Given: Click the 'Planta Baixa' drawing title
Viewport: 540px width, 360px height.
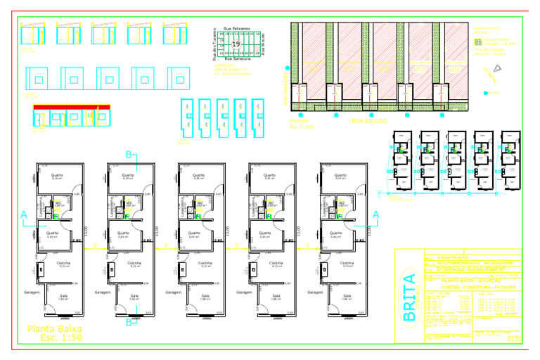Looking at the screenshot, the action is click(54, 328).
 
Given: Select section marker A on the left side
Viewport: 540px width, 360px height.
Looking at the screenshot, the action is click(24, 213).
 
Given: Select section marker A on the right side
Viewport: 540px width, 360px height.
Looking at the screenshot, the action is click(375, 213).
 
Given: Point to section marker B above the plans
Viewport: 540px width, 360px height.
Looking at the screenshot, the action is click(129, 155).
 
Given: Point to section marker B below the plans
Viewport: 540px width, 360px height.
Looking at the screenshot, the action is click(129, 323).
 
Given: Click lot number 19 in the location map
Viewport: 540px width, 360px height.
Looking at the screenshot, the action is click(236, 44).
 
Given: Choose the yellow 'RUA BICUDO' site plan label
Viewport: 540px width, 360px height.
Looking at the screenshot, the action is click(369, 121).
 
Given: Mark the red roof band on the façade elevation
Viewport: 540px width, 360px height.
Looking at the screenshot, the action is click(72, 106).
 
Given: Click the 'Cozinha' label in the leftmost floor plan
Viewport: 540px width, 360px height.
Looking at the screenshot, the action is click(63, 263).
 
